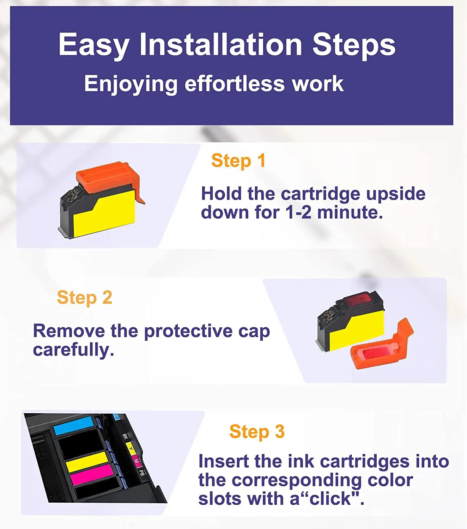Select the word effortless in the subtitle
click(234, 84)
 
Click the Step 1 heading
click(238, 161)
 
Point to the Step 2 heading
click(85, 298)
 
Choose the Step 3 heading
click(257, 431)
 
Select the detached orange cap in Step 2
click(382, 345)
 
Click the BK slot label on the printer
click(125, 436)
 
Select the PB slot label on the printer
click(141, 472)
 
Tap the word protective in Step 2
click(188, 332)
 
